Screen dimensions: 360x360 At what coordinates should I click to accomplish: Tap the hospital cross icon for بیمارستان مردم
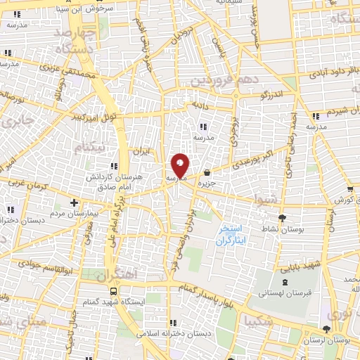[74, 202]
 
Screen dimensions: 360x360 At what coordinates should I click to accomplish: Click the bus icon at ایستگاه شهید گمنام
[113, 291]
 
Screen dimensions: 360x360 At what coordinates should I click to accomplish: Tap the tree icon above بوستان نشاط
[283, 218]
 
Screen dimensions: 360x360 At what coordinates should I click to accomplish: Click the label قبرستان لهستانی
[260, 292]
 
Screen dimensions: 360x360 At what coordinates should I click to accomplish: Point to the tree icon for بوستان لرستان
[325, 329]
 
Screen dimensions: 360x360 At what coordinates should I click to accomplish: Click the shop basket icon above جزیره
[207, 173]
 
